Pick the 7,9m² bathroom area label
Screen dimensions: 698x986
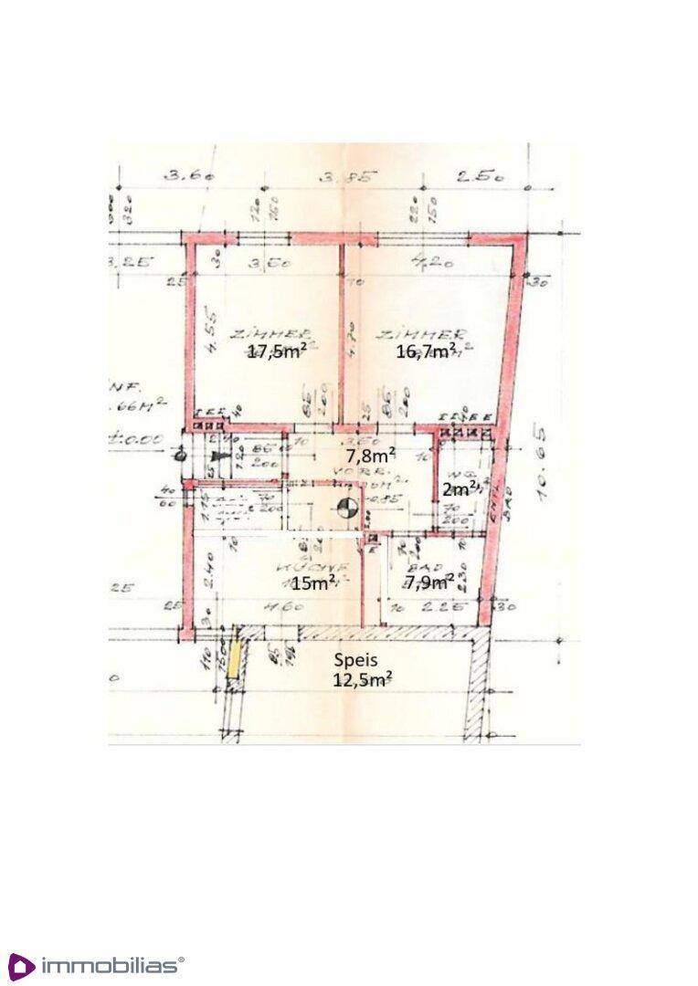[430, 582]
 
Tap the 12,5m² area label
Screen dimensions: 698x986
[364, 678]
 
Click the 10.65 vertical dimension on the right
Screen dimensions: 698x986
[546, 473]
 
